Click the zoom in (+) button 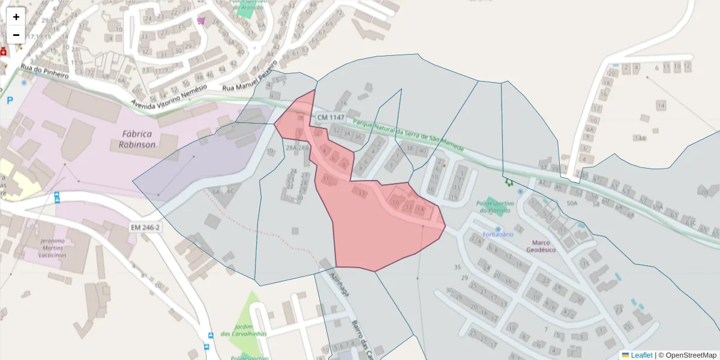pos(16,17)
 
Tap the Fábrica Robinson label pos(136,139)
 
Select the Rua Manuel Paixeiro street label pos(250,76)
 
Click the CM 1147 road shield pos(331,117)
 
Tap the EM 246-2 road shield pos(145,227)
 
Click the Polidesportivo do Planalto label pos(495,207)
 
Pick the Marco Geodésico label pos(541,245)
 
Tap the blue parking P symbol pos(10,101)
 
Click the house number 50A pos(571,204)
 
